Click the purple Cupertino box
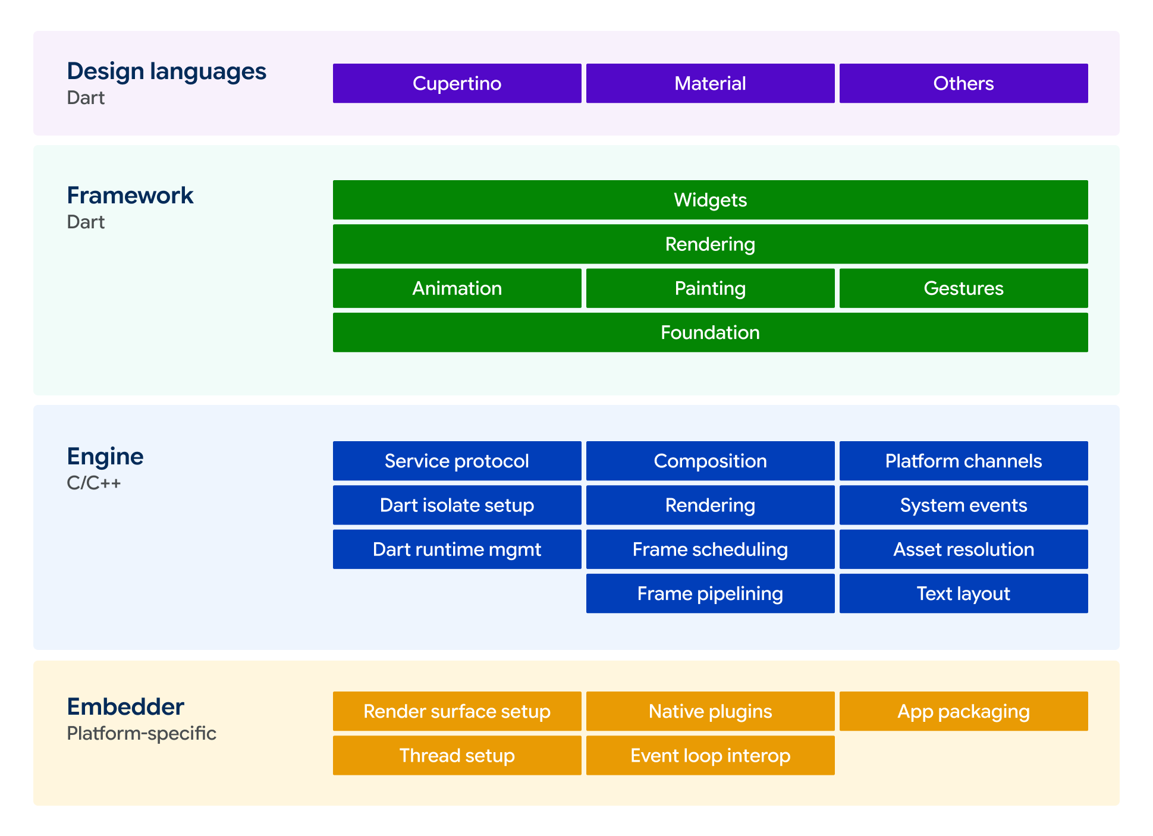(x=457, y=83)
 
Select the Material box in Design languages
(x=710, y=83)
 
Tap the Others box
(x=963, y=83)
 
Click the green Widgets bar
(x=710, y=200)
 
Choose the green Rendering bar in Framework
(x=710, y=244)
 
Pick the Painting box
(x=710, y=288)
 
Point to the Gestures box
(x=963, y=288)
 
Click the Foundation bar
(x=710, y=332)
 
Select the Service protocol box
(x=457, y=461)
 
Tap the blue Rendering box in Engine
(x=710, y=505)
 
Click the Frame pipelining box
(x=710, y=593)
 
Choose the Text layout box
(x=963, y=593)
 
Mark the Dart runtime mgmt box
(x=457, y=549)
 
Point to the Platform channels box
(x=963, y=461)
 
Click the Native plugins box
(x=710, y=711)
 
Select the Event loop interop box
(x=710, y=755)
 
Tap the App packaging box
(x=963, y=711)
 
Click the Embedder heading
(x=125, y=706)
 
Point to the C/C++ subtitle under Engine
(x=94, y=483)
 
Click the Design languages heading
(x=166, y=72)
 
